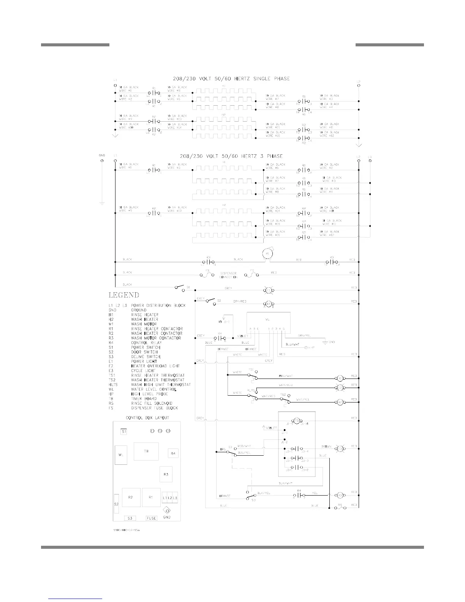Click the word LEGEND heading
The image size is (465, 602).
pos(124,295)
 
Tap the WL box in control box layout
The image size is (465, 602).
pos(121,455)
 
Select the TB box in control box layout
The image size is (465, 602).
pos(146,451)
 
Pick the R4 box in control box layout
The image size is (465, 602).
pos(173,453)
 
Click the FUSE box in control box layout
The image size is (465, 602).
pos(152,518)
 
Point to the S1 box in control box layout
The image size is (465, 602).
pos(124,432)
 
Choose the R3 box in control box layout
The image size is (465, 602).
pos(166,474)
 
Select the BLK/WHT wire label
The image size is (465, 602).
pos(285,483)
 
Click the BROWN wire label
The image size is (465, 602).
pos(327,446)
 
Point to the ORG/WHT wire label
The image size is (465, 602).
pos(286,376)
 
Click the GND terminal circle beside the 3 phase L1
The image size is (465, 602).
pos(101,160)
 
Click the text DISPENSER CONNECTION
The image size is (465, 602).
pos(228,275)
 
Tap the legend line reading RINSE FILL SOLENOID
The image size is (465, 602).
pos(152,403)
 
